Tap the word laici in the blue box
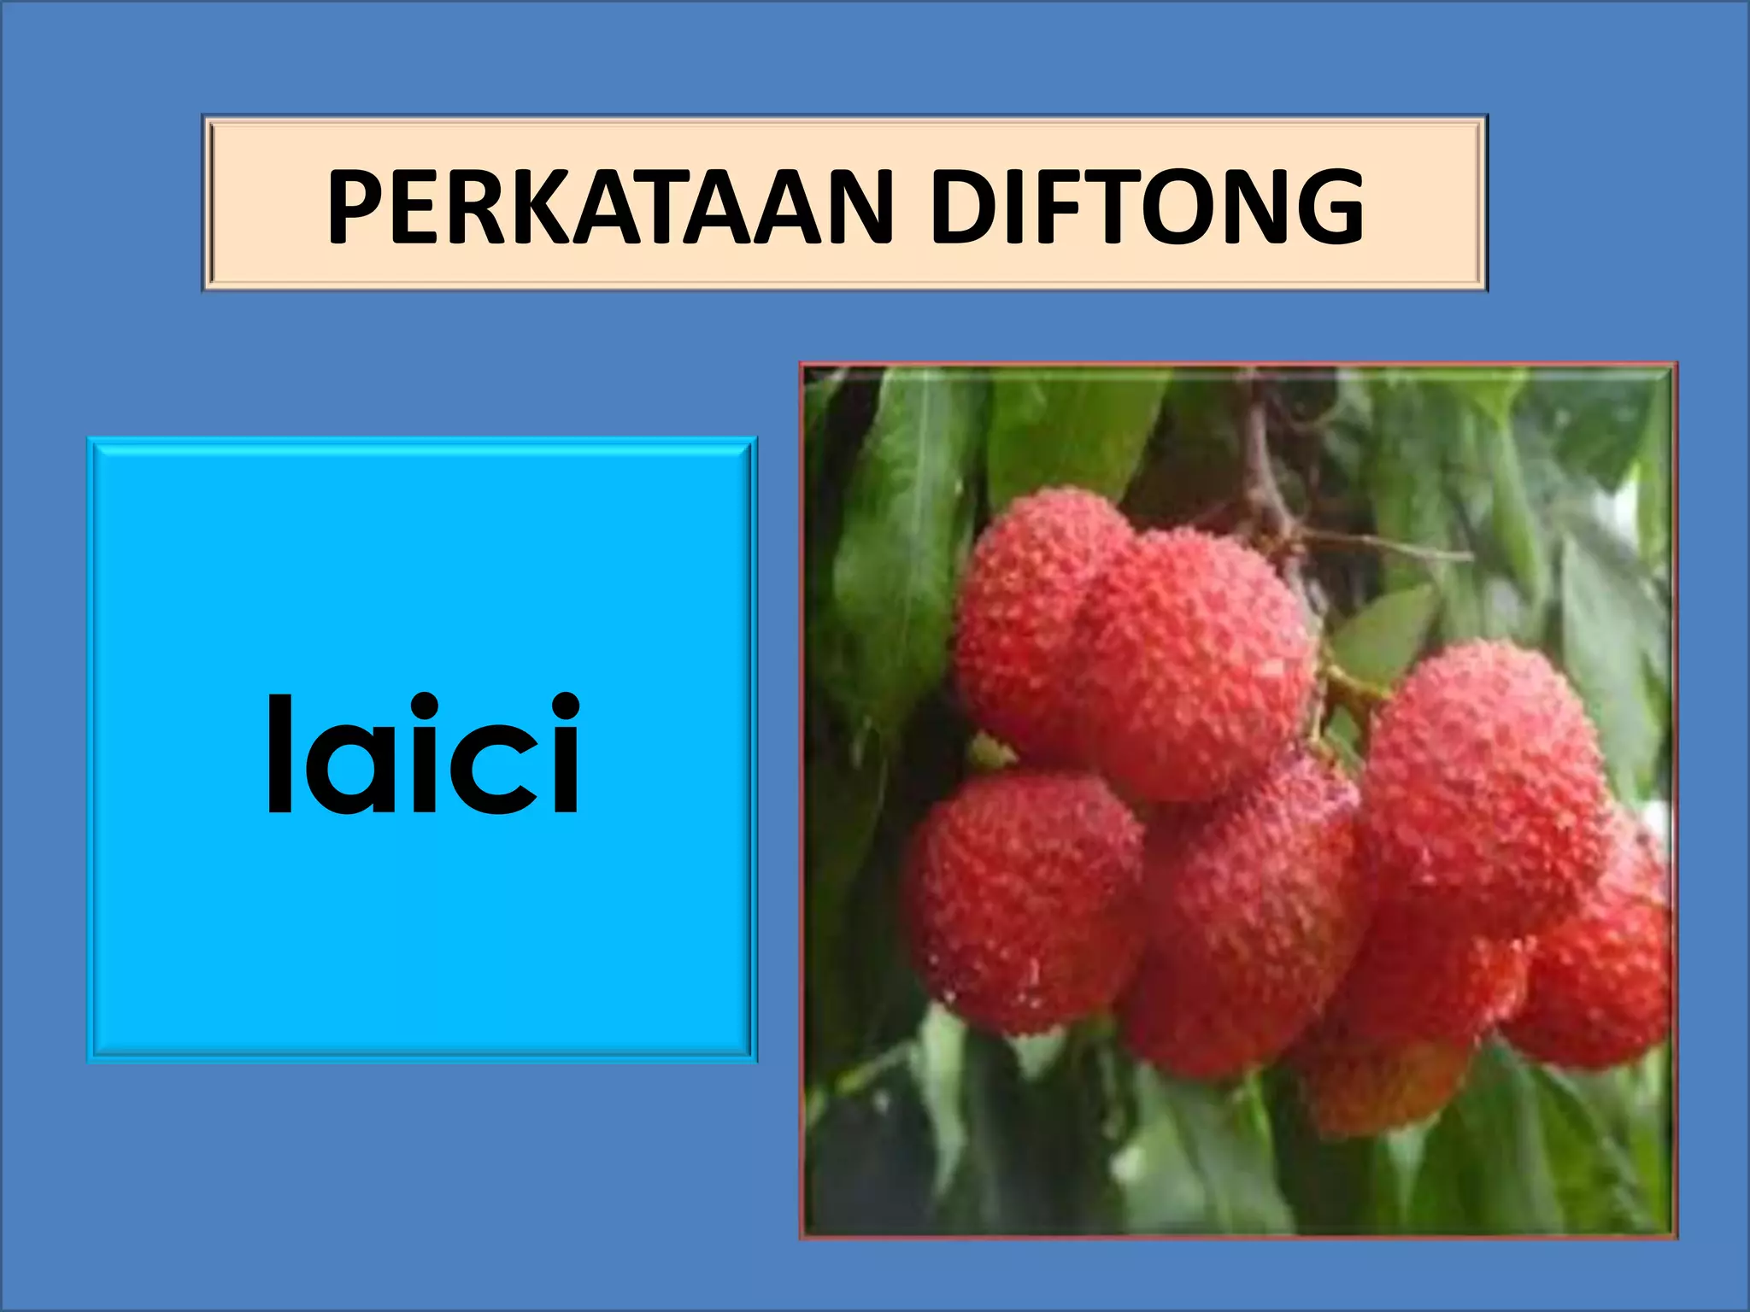pos(423,753)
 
